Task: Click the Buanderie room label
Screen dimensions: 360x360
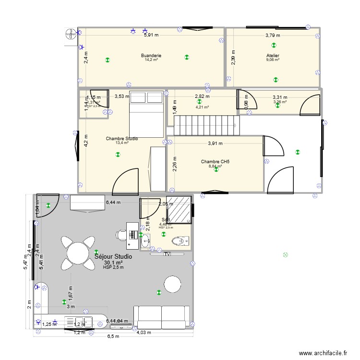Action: coord(151,56)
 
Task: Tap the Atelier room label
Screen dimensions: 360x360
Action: coord(273,56)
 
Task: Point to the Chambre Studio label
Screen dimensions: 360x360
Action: coord(122,139)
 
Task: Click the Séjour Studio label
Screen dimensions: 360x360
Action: coord(113,257)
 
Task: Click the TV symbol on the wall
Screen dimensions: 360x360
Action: coord(167,254)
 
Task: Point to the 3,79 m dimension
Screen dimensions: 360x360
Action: coord(273,35)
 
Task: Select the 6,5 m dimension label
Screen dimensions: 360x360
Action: coord(113,336)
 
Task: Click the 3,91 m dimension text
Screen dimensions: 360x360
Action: coord(215,143)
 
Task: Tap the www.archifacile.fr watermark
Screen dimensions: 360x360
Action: coord(323,353)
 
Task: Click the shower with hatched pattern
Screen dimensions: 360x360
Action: coord(179,210)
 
